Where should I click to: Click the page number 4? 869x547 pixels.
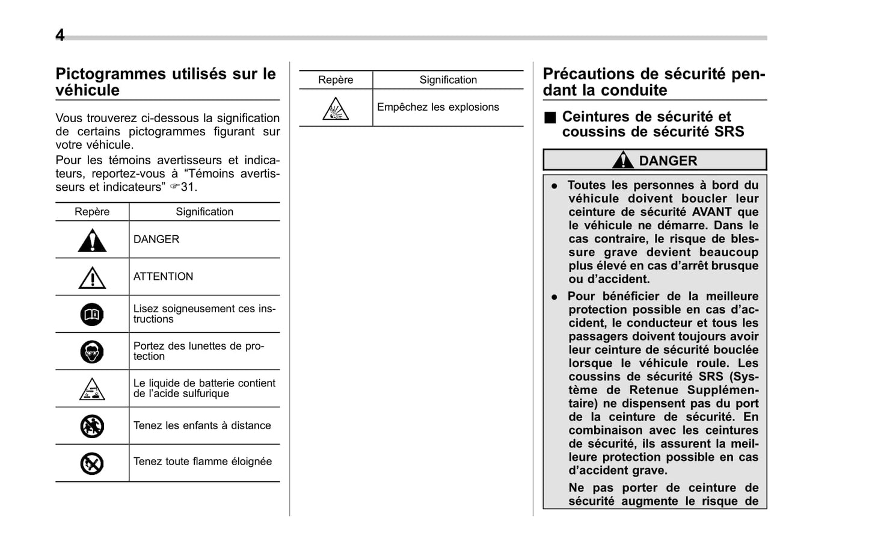coord(60,35)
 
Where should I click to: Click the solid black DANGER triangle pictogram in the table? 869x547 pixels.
coord(92,241)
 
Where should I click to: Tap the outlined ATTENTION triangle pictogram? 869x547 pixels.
coord(92,278)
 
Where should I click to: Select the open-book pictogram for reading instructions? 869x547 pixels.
coord(92,314)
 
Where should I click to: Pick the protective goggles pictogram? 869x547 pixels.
coord(92,351)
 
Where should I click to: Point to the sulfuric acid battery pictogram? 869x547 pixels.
coord(92,389)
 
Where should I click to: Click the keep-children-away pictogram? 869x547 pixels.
coord(92,426)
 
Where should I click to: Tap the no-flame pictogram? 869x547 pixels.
coord(92,463)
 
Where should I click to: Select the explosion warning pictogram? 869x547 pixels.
coord(335,109)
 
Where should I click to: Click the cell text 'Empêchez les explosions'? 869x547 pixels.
coord(438,107)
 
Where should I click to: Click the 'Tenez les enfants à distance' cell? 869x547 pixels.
coord(202,425)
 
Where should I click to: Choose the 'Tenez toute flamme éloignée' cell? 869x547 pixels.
coord(203,462)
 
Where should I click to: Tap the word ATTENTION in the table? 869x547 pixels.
coord(163,276)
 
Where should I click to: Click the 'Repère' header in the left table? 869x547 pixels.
coord(92,212)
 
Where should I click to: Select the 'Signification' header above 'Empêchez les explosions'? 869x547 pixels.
coord(448,80)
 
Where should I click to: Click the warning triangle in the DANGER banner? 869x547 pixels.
coord(623,160)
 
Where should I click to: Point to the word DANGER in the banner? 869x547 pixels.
coord(668,161)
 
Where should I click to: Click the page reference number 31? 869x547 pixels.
coord(188,187)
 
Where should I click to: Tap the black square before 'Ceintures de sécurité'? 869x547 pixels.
coord(550,117)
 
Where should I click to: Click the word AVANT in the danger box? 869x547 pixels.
coord(711,212)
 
